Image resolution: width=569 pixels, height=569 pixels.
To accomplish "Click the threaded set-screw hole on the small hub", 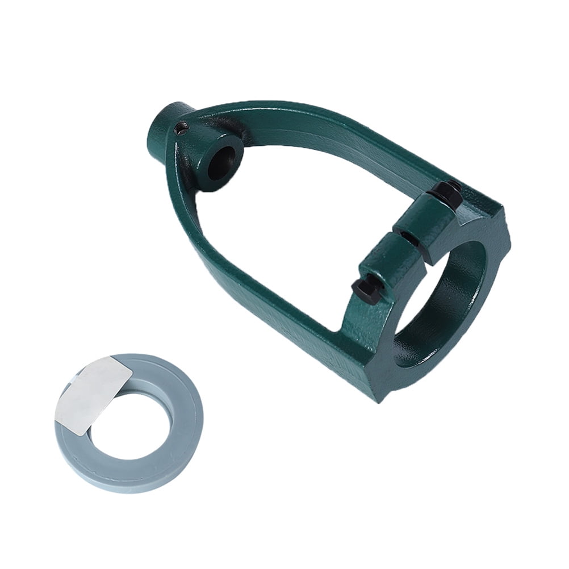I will click(181, 130).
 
